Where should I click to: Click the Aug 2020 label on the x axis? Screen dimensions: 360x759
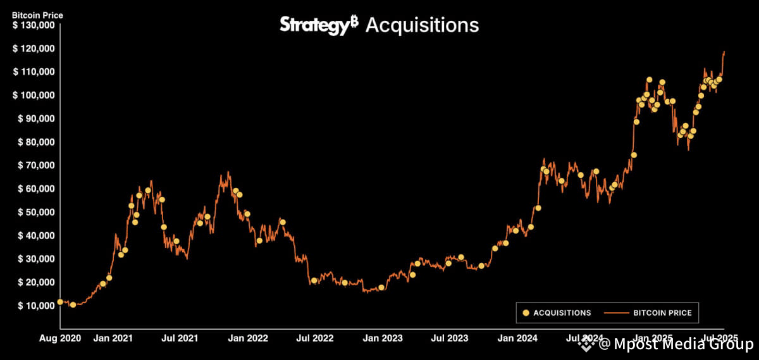61,338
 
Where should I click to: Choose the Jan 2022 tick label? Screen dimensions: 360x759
247,338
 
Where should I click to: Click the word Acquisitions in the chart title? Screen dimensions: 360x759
422,25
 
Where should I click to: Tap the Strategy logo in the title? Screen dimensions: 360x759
319,25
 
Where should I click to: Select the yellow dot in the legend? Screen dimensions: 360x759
524,313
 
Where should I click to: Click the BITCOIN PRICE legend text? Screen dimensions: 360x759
662,313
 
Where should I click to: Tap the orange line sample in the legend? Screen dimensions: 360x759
617,313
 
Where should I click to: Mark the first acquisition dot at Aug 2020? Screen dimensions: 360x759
60,302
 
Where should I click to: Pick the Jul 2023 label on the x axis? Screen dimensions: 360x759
450,338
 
